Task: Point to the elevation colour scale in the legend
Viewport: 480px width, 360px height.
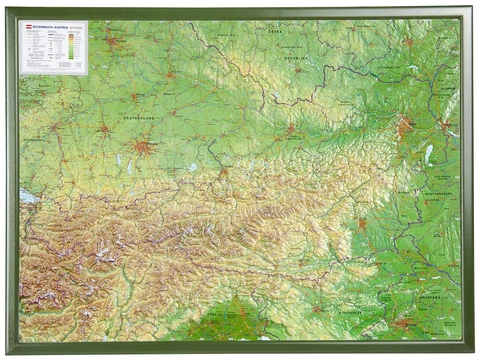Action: pyautogui.click(x=74, y=44)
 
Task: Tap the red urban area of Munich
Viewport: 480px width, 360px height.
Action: pyautogui.click(x=145, y=147)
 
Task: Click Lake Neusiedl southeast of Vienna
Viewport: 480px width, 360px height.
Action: pyautogui.click(x=428, y=153)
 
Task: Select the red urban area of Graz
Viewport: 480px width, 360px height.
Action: pyautogui.click(x=362, y=225)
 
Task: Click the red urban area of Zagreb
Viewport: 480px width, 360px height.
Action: pyautogui.click(x=404, y=322)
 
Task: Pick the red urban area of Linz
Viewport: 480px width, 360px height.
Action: pyautogui.click(x=291, y=130)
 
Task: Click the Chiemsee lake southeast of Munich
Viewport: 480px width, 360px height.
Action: pyautogui.click(x=192, y=167)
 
